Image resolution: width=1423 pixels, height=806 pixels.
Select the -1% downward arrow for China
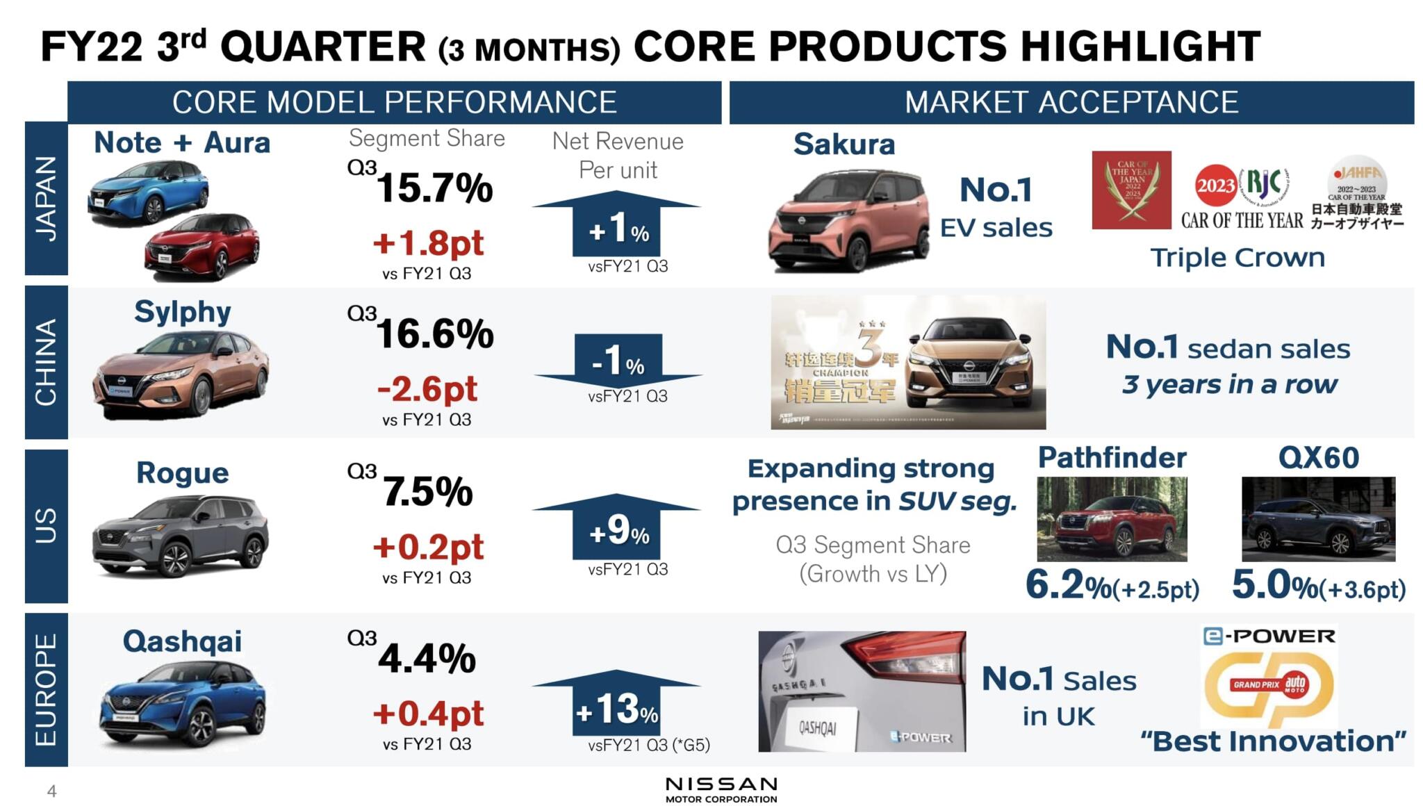point(618,361)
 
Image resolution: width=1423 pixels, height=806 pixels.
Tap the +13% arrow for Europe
point(616,706)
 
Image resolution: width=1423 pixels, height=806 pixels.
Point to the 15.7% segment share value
point(434,188)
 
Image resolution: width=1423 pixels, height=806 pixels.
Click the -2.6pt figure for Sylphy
point(427,389)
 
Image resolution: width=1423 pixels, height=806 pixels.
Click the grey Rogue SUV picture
point(181,536)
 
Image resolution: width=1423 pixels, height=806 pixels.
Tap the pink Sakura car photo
point(848,221)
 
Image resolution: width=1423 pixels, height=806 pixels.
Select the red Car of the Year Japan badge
point(1131,190)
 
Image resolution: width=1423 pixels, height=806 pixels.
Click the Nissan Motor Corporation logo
point(721,789)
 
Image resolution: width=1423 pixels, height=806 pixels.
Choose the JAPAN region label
point(46,199)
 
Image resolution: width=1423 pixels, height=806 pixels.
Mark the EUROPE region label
point(46,689)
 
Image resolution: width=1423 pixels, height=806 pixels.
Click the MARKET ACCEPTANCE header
point(1071,102)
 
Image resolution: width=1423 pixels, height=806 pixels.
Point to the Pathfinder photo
point(1111,519)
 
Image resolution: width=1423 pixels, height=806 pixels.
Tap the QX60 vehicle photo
point(1317,519)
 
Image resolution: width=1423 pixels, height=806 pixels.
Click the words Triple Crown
point(1237,258)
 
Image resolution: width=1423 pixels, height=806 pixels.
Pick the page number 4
point(51,791)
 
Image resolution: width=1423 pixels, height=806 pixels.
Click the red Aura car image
point(202,247)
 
